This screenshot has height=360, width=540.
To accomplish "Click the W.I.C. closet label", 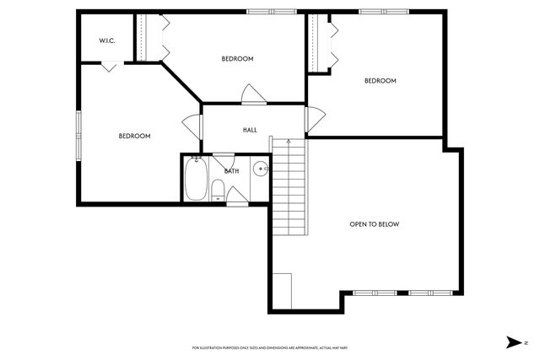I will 106,40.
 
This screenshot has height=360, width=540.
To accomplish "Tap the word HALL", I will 251,130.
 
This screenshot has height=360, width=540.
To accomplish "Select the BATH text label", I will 232,171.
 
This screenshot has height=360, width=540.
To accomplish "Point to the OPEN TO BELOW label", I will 374,224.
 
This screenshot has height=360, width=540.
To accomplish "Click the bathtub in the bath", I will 196,180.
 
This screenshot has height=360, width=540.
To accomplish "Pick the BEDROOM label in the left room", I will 134,136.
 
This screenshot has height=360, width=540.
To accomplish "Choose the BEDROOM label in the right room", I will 380,81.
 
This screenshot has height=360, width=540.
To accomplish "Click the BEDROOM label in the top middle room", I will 237,59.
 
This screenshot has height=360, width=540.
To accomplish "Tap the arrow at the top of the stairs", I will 289,142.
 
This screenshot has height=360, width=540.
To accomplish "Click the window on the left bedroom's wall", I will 79,135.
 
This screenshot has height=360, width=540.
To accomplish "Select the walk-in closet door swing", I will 108,67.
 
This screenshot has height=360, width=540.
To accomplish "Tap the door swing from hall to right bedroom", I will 315,121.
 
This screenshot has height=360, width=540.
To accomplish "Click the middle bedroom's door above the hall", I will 251,94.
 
